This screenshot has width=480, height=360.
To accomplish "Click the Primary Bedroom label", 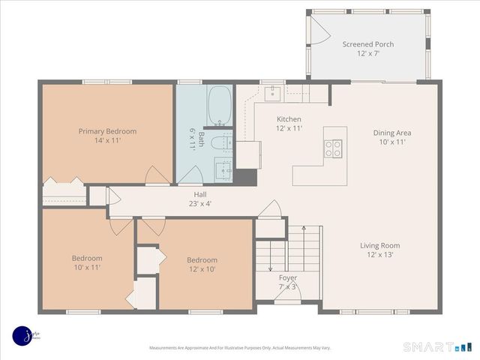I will click(107, 131).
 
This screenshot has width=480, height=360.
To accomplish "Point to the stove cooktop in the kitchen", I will click(334, 148).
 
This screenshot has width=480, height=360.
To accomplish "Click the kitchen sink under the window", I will click(273, 93).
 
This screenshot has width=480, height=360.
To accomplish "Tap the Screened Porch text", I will click(368, 44).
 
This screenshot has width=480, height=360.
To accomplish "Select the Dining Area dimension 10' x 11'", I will click(392, 142).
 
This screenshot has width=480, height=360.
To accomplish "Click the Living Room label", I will click(380, 245).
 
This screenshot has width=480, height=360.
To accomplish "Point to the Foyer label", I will click(288, 277).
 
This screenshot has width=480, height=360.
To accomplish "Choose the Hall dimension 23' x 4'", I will click(199, 203).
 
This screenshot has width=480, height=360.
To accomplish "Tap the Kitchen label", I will click(289, 119).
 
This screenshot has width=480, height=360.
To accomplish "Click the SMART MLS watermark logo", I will click(439, 346).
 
